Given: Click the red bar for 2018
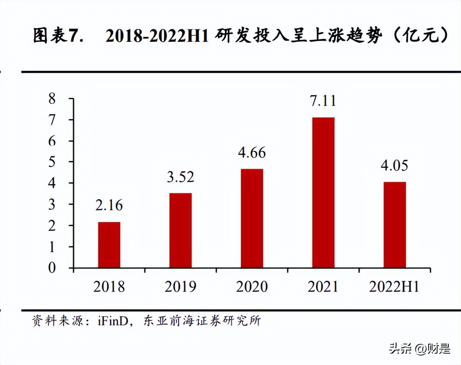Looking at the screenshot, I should pyautogui.click(x=109, y=245).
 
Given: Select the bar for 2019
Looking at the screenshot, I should pyautogui.click(x=181, y=230).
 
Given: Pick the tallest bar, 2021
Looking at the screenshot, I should pyautogui.click(x=323, y=192).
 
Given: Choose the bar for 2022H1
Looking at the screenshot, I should pyautogui.click(x=395, y=225).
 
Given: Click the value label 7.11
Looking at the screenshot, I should pyautogui.click(x=323, y=101).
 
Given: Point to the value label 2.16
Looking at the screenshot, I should pyautogui.click(x=109, y=206).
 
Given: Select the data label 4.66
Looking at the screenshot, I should pyautogui.click(x=252, y=153).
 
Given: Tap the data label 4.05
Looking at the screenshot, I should pyautogui.click(x=395, y=166).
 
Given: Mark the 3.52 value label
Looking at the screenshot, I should pyautogui.click(x=181, y=177).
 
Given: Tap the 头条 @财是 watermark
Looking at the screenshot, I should pyautogui.click(x=419, y=348).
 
